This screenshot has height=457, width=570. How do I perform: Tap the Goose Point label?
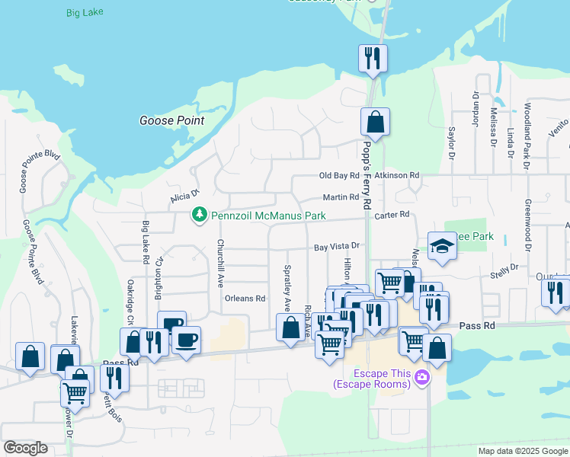171,120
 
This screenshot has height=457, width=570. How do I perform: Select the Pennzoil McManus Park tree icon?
200,216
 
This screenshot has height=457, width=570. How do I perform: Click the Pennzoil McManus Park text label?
268,216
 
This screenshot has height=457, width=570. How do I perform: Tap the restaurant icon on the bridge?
373,59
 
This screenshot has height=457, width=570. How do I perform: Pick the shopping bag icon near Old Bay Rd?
375,122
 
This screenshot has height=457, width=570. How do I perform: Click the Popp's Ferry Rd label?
366,175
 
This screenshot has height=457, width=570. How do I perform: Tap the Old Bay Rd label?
339,175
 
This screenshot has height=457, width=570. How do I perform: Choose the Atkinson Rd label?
402,175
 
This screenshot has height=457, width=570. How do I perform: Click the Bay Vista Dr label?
336,247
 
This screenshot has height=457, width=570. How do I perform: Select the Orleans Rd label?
245,299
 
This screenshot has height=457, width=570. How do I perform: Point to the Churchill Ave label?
219,263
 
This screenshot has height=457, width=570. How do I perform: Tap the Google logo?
25,448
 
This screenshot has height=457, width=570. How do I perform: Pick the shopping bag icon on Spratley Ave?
290,330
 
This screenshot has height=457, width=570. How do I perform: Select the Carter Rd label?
392,215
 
